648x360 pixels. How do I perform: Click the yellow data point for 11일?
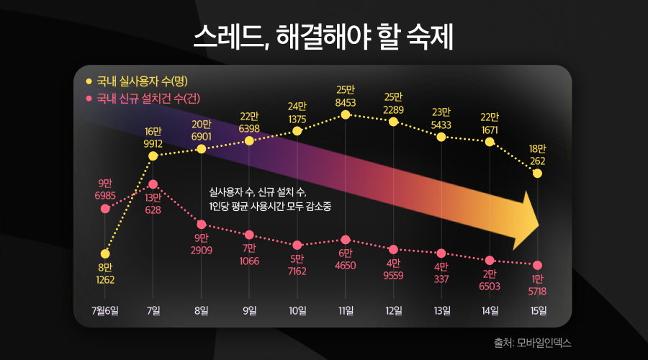coord(346,114)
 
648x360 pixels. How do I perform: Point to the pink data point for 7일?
coord(153,184)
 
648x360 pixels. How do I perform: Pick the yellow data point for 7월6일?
coord(105,253)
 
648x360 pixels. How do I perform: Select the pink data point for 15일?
coord(538,265)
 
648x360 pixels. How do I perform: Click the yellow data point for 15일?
coord(538,174)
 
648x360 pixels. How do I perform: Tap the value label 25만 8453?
coord(346,96)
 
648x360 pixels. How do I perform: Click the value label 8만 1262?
coord(105,274)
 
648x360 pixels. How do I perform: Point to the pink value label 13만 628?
coord(153,204)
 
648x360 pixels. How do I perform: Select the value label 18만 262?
coord(538,155)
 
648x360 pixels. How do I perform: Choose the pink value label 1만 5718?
coord(538,285)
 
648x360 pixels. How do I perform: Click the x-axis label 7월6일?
coord(105,311)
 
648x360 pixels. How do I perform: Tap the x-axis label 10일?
coord(297,311)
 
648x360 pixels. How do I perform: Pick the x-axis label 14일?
coord(490,311)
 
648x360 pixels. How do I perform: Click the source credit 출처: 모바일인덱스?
coord(533,343)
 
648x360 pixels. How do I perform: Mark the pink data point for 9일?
coord(249,235)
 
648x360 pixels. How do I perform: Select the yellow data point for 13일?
coord(441,136)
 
